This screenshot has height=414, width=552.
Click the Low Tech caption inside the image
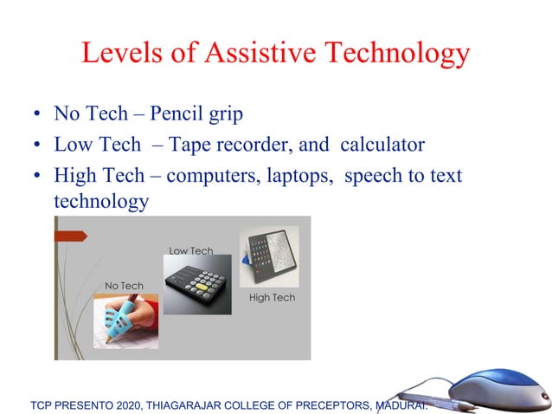(x=190, y=251)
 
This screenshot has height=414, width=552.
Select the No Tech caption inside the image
(x=124, y=286)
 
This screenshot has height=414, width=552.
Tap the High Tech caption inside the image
(x=272, y=298)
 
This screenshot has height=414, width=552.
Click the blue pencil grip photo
(x=126, y=320)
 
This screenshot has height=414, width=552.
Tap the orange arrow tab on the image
(x=71, y=236)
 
